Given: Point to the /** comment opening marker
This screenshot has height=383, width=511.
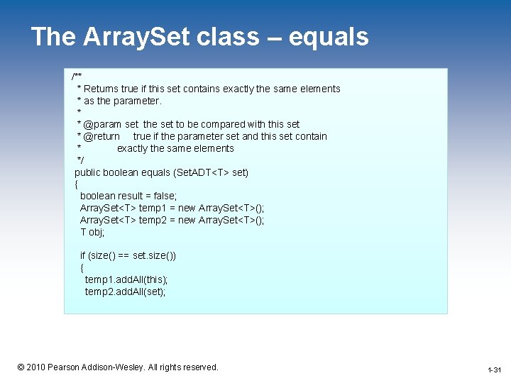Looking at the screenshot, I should (77, 77).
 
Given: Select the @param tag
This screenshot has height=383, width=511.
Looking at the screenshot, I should (102, 124).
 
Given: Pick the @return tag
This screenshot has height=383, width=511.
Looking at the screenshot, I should (101, 136).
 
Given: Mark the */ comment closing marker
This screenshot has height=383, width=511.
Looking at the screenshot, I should (80, 160).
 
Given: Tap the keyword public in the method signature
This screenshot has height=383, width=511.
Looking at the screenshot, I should (89, 172).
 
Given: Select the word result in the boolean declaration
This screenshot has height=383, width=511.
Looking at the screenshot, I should (136, 196).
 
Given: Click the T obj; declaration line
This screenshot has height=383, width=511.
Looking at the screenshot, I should (92, 232).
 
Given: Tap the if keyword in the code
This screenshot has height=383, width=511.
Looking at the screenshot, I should (82, 255).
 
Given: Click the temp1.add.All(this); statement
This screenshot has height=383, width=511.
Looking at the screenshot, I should (126, 279).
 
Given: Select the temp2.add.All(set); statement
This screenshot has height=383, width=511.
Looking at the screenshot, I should (125, 292).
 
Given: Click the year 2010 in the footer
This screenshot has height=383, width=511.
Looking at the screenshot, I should (35, 367).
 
